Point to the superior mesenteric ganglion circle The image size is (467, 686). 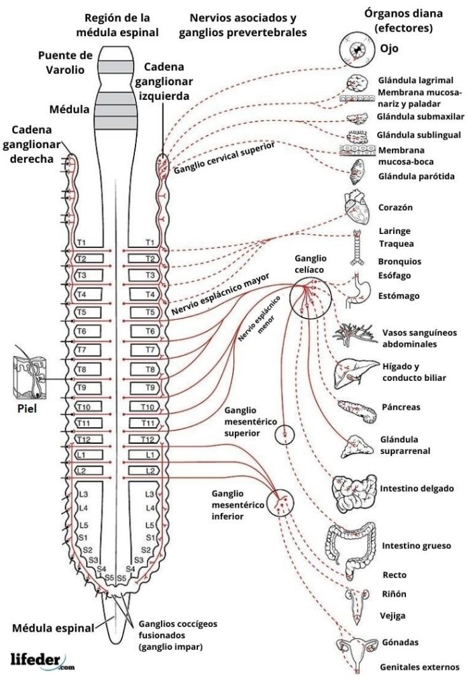point(284,435)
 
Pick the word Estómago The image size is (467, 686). point(399,296)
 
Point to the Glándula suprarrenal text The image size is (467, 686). point(405,445)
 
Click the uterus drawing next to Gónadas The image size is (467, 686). point(356,650)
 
